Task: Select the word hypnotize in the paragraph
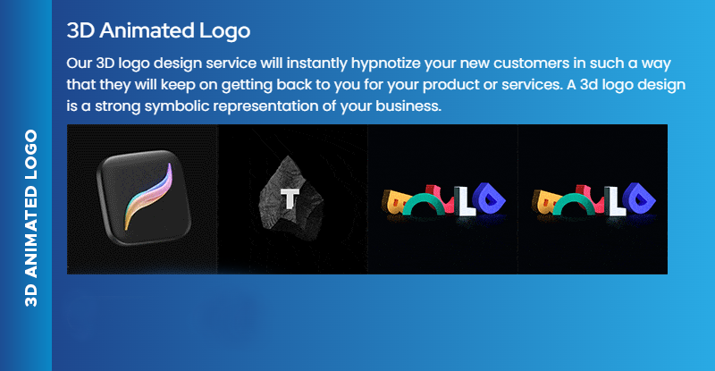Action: pyautogui.click(x=400, y=65)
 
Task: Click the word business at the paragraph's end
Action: pyautogui.click(x=408, y=106)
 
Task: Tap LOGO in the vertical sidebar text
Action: pyautogui.click(x=31, y=156)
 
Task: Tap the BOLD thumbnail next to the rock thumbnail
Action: pyautogui.click(x=443, y=200)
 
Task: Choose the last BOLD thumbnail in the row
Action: pyautogui.click(x=593, y=200)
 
